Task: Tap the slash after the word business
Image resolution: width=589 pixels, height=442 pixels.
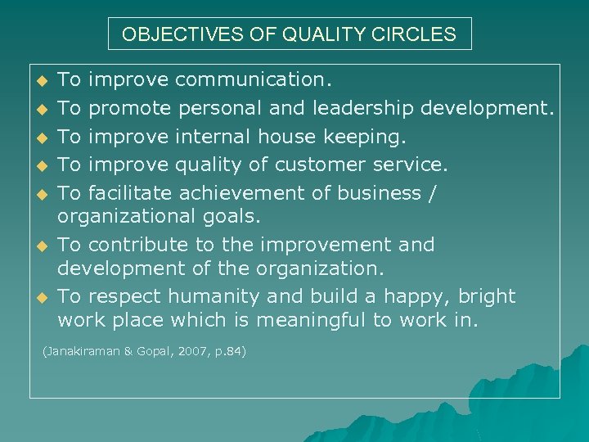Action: tap(433, 193)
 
